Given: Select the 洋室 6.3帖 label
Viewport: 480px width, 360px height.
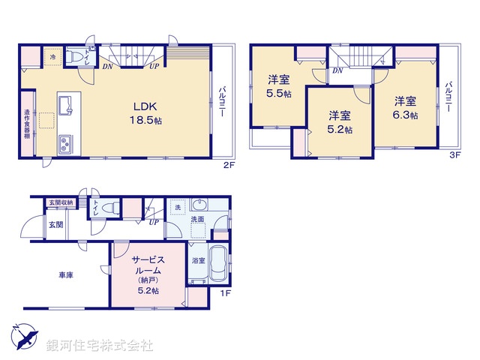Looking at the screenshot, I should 406,107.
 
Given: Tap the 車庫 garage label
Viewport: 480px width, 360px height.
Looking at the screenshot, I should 65,274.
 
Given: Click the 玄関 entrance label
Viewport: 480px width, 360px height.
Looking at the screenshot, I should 56,224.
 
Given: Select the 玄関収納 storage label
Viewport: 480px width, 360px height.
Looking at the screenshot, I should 61,202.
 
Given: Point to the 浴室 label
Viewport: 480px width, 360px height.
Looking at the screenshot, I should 198,261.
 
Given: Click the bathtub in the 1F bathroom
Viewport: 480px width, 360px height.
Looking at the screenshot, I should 218,264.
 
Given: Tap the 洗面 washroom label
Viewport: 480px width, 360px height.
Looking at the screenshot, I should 196,220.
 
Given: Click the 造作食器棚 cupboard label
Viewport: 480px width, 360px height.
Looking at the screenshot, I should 26,124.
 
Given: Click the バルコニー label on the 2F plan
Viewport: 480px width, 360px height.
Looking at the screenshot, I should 223,104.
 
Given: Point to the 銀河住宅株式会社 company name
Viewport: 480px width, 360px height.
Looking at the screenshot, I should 100,346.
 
